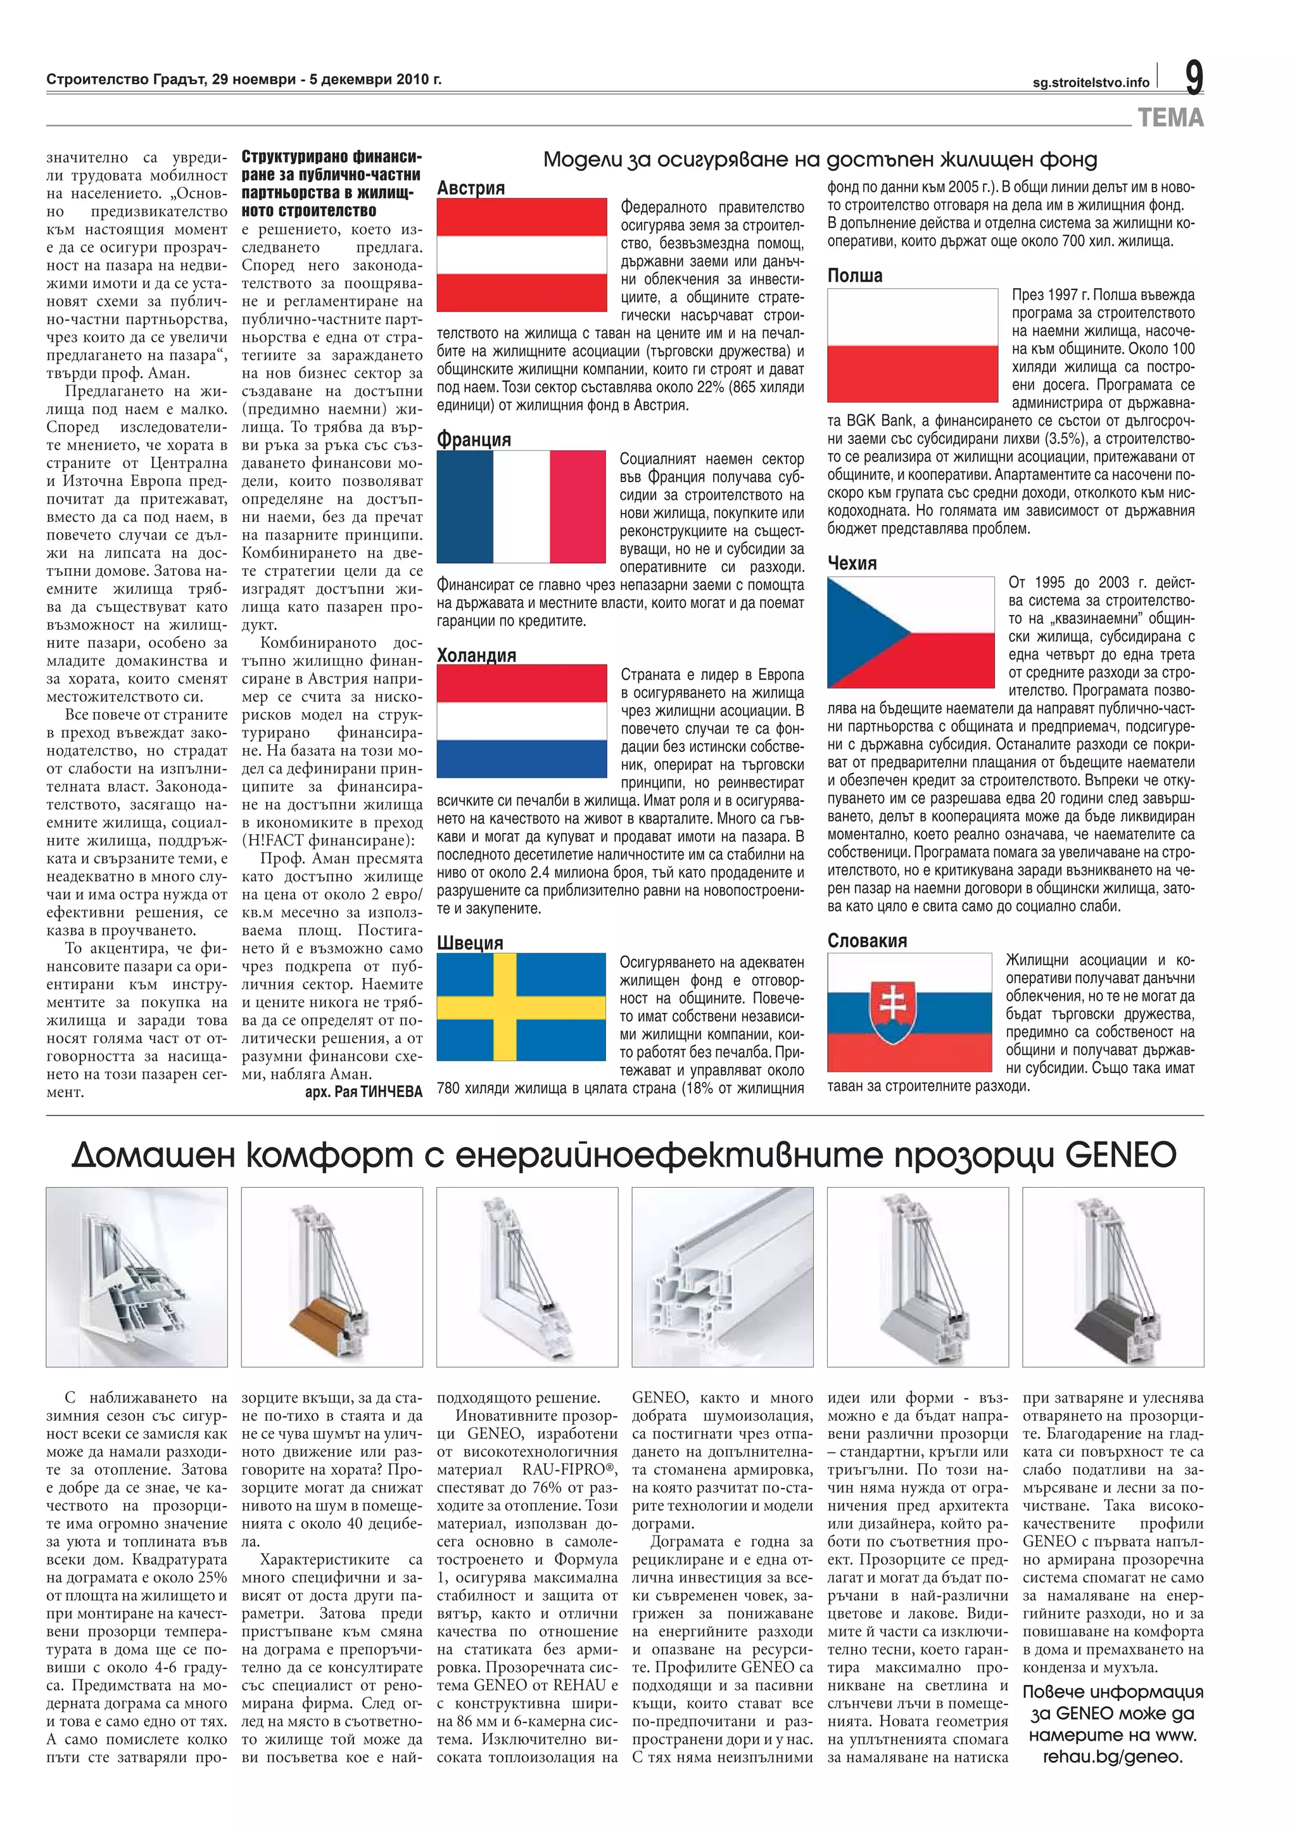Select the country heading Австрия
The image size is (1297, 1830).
coord(471,189)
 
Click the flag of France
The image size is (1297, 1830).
coord(521,506)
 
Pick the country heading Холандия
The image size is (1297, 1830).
coord(476,655)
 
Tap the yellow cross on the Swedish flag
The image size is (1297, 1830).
coord(504,1007)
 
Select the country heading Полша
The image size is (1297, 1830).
coord(854,276)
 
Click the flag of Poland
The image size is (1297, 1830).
coord(912,345)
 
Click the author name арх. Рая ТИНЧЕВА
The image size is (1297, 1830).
coord(364,1091)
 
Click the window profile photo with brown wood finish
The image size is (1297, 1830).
coord(331,1276)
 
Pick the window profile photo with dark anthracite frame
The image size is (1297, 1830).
coord(1113,1276)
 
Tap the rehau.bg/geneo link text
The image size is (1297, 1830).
coord(1111,1757)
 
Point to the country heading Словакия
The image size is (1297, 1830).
coord(866,940)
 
